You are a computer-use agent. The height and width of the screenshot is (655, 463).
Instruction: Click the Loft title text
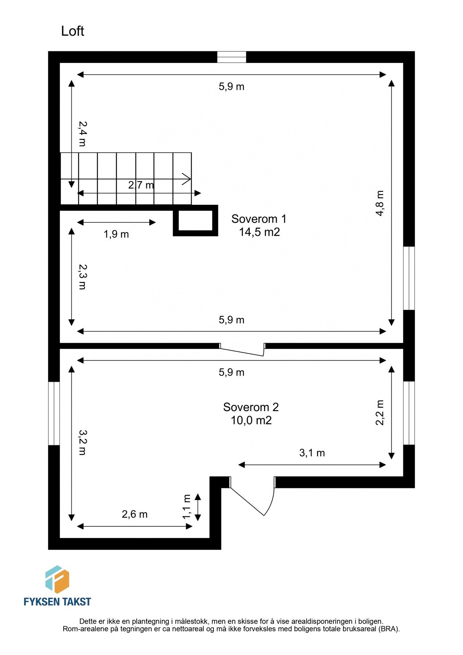pyautogui.click(x=72, y=31)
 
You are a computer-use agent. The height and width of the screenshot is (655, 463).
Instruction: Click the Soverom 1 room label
pyautogui.click(x=259, y=219)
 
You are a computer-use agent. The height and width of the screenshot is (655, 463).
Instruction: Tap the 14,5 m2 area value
pyautogui.click(x=259, y=232)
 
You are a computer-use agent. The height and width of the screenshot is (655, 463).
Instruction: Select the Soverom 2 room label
pyautogui.click(x=251, y=407)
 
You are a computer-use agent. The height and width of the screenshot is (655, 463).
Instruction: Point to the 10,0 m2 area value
pyautogui.click(x=251, y=420)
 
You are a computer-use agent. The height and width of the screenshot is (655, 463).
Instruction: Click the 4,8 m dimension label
pyautogui.click(x=380, y=203)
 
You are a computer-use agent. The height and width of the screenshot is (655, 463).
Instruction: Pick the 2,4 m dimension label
pyautogui.click(x=83, y=134)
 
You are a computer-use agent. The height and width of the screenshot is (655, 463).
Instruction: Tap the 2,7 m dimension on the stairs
pyautogui.click(x=141, y=185)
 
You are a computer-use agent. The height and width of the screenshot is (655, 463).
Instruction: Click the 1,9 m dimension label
pyautogui.click(x=116, y=234)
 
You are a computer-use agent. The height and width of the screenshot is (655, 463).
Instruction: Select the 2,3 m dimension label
pyautogui.click(x=83, y=277)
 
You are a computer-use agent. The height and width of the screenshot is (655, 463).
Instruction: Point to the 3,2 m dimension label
pyautogui.click(x=83, y=442)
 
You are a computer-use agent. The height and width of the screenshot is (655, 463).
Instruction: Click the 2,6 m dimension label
pyautogui.click(x=135, y=514)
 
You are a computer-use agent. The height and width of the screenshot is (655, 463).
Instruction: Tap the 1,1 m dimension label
pyautogui.click(x=187, y=507)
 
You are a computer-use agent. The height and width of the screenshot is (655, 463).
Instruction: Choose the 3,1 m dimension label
pyautogui.click(x=312, y=453)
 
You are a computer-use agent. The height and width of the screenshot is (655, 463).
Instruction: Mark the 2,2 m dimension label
pyautogui.click(x=380, y=412)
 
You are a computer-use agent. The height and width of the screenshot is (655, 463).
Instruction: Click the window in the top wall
pyautogui.click(x=232, y=57)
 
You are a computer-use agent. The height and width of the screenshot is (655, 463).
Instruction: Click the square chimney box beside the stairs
pyautogui.click(x=195, y=221)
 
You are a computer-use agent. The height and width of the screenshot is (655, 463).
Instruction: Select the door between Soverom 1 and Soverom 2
pyautogui.click(x=242, y=349)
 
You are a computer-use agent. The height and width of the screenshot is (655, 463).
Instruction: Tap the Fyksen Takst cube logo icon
pyautogui.click(x=57, y=579)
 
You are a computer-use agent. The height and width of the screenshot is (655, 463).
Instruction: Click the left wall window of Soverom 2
pyautogui.click(x=54, y=413)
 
